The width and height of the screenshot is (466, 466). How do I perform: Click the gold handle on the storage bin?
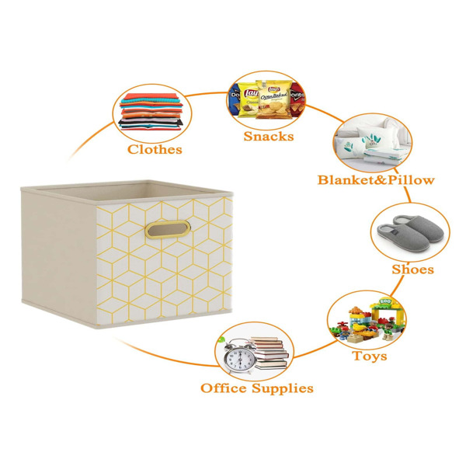click(x=168, y=230)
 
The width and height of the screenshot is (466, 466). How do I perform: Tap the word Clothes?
click(x=155, y=149)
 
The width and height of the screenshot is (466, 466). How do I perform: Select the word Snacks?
click(x=269, y=137)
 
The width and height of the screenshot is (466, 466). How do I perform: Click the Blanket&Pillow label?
click(x=376, y=180)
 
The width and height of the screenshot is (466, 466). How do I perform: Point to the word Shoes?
click(x=413, y=270)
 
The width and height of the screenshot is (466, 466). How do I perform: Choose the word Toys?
click(x=370, y=356)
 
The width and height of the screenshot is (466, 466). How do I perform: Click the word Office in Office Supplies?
click(x=224, y=388)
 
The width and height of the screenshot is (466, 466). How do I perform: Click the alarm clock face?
click(x=239, y=359)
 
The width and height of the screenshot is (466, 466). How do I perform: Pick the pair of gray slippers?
click(x=411, y=232)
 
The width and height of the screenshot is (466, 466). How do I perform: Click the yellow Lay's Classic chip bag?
click(x=249, y=99)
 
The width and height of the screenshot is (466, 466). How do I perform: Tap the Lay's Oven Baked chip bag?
click(x=273, y=99)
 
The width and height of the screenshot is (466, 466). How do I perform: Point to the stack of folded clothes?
click(x=151, y=112)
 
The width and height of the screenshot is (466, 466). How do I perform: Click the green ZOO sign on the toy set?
click(x=385, y=301)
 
